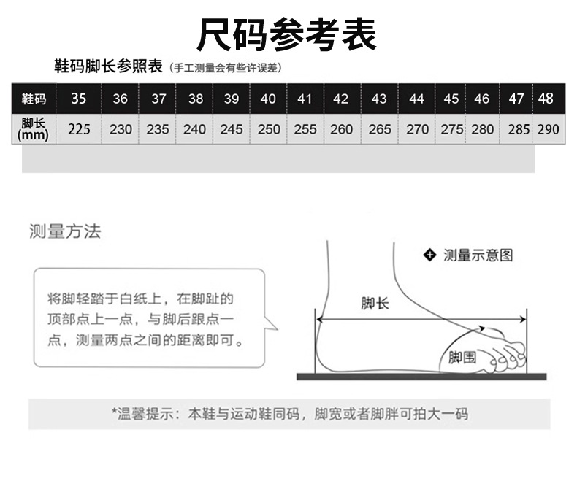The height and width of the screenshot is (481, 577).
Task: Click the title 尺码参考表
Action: (x=287, y=34)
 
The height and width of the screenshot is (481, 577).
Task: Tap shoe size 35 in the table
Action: (x=79, y=99)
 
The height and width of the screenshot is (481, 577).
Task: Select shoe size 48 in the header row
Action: (x=546, y=99)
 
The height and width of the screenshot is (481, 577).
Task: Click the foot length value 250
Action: (x=269, y=130)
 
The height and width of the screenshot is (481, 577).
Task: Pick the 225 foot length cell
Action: (x=79, y=130)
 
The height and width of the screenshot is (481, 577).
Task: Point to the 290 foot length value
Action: (x=548, y=130)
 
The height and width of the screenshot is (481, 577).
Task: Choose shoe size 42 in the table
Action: (x=340, y=99)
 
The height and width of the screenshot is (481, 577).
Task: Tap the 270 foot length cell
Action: (x=417, y=130)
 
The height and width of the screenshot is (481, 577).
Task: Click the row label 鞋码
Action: (x=34, y=99)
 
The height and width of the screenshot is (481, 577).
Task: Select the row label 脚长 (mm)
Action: (x=34, y=129)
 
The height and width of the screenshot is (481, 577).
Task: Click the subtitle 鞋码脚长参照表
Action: (x=108, y=66)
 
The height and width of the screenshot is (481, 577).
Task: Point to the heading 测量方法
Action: (x=65, y=232)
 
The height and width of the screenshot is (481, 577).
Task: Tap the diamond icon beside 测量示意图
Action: (x=429, y=255)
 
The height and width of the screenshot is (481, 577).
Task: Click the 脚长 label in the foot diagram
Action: (x=375, y=304)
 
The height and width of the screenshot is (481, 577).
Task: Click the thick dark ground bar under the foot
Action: (x=421, y=377)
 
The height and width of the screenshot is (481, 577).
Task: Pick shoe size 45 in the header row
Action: (x=451, y=99)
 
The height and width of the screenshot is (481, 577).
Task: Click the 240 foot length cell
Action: (x=194, y=130)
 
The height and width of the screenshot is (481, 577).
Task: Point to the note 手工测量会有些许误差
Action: (x=225, y=68)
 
